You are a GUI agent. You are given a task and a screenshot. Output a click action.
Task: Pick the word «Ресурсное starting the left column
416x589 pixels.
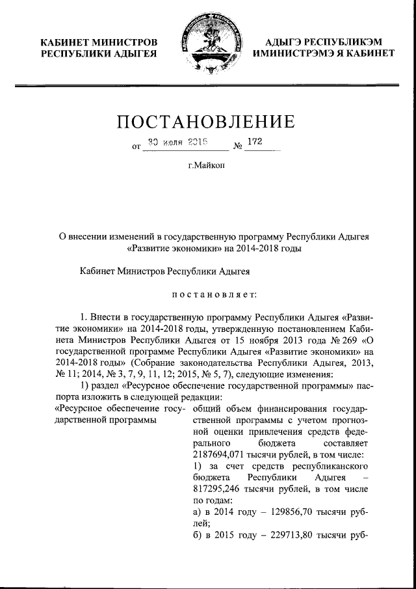click(x=77, y=408)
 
